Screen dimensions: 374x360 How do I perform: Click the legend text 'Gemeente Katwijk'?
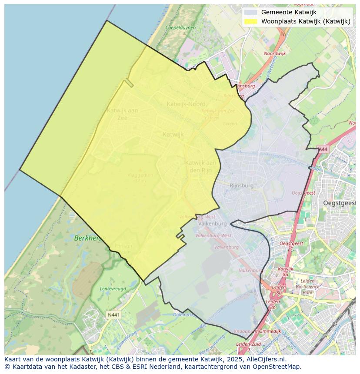click(289, 13)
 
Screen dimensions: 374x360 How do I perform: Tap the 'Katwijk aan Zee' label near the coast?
click(122, 113)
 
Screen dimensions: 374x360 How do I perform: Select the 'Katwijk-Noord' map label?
click(187, 104)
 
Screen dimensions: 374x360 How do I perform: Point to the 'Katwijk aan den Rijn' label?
click(201, 166)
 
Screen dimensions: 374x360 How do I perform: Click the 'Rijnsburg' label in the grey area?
click(241, 185)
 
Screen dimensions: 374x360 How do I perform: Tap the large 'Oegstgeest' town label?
click(340, 203)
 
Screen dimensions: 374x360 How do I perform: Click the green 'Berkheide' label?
click(90, 238)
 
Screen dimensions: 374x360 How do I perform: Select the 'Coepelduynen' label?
click(180, 28)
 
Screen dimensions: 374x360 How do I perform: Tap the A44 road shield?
click(323, 149)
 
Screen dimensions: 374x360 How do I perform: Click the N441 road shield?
click(113, 314)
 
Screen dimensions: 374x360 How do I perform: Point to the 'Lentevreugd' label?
click(113, 288)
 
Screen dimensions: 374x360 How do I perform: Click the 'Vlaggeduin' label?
click(140, 175)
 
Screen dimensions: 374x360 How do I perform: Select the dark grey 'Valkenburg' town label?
click(212, 224)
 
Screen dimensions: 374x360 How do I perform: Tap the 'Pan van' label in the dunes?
click(123, 246)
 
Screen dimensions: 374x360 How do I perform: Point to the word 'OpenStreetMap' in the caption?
click(278, 367)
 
